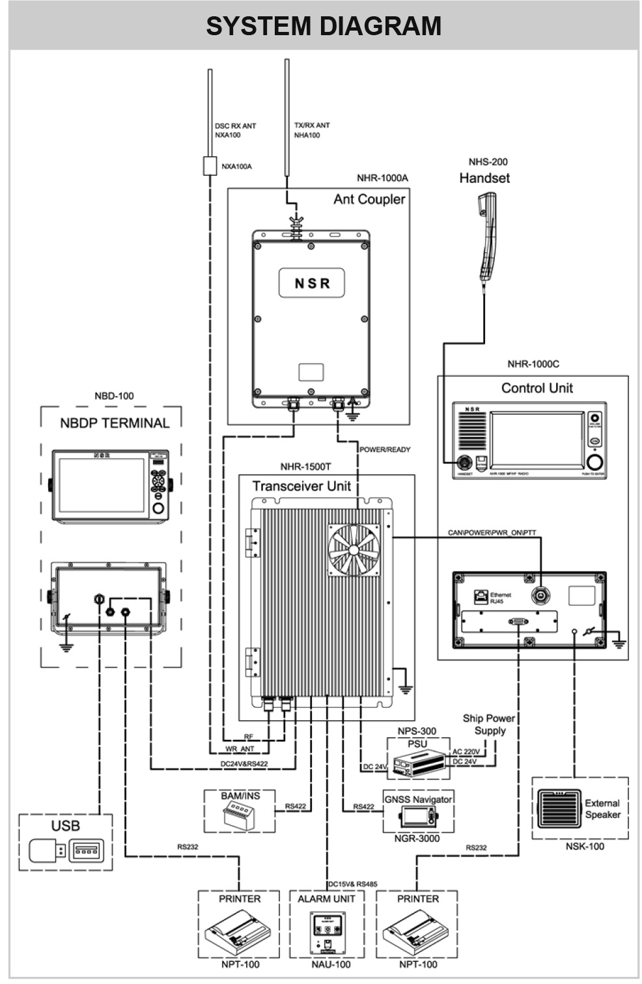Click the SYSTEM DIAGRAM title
(324, 26)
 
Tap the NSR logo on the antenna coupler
(312, 283)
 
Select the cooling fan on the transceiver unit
(354, 550)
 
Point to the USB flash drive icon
(48, 849)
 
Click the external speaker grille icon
(559, 808)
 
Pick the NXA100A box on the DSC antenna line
(209, 165)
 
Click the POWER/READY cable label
(385, 449)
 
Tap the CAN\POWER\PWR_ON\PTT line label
(492, 533)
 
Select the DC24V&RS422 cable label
(244, 764)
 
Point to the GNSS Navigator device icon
(418, 817)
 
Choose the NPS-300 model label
(417, 731)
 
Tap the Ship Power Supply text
(489, 724)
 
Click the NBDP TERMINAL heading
(115, 423)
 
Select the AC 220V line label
(466, 752)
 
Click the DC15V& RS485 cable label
(352, 884)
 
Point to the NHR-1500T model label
(305, 467)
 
